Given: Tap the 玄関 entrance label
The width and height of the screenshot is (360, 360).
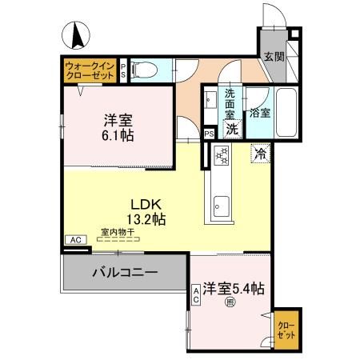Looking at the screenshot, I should click(x=274, y=58).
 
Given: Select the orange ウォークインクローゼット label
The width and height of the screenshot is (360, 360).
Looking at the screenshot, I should click(x=90, y=70).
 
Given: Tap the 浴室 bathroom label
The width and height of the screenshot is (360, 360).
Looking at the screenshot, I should click(x=260, y=113).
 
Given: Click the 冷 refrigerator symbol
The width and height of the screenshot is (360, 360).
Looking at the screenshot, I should click(x=261, y=154).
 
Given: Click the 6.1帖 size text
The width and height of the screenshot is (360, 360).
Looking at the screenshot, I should click(x=117, y=136).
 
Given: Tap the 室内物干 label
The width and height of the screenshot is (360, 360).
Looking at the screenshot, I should click(x=116, y=234).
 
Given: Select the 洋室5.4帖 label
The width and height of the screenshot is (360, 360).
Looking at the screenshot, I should click(x=234, y=287).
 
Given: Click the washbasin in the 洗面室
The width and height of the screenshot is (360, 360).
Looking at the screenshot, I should click(x=210, y=102).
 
